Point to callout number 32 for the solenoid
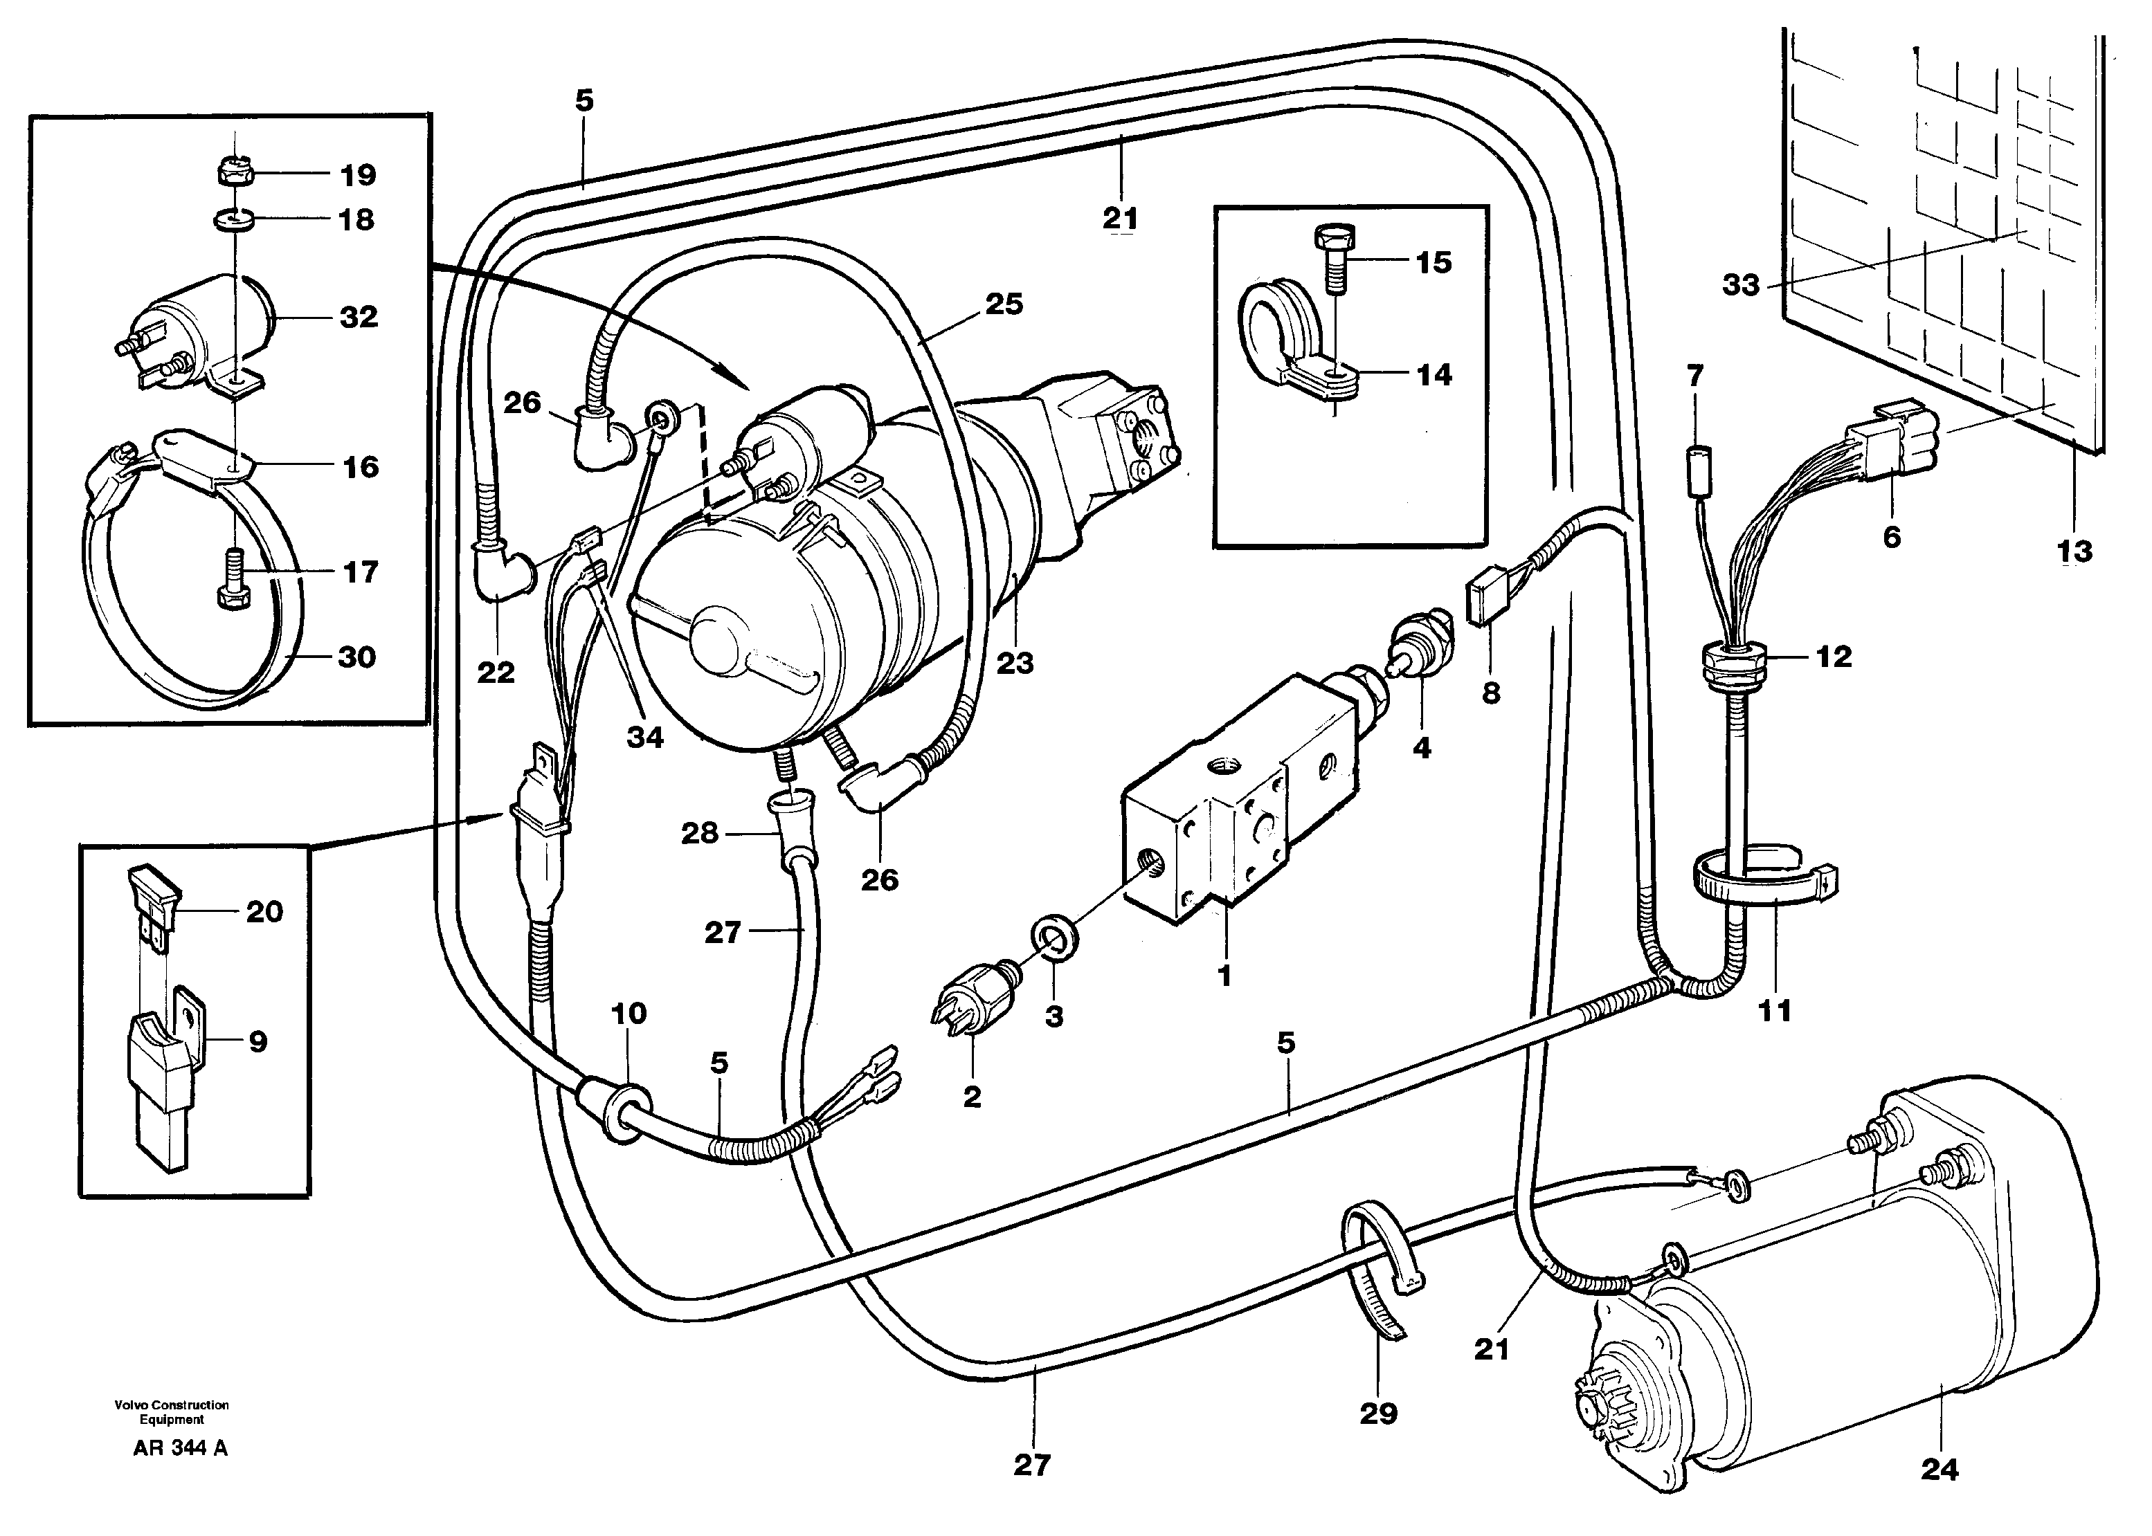coord(359,316)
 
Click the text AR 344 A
coord(180,1474)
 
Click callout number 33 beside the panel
coord(1741,284)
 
